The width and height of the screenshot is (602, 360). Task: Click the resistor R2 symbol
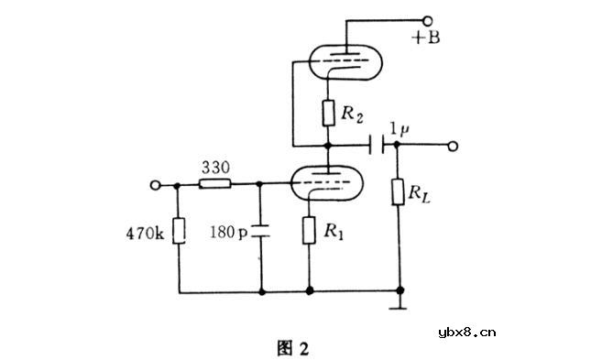click(x=327, y=115)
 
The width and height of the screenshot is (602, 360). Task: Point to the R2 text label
click(x=354, y=115)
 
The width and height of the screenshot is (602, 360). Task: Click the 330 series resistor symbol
click(x=216, y=184)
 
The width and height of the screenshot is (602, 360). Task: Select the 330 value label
click(x=215, y=168)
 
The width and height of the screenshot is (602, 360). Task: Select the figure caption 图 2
click(x=293, y=347)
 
